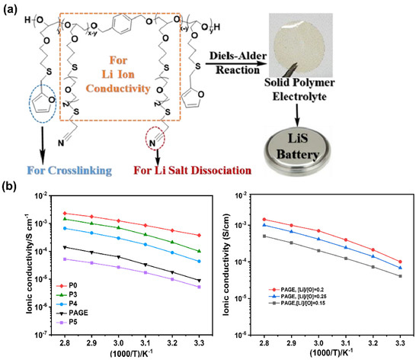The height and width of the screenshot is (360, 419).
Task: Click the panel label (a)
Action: (x=12, y=8)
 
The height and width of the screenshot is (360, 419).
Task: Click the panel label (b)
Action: (x=12, y=185)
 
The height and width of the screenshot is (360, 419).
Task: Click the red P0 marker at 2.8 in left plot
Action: (x=66, y=214)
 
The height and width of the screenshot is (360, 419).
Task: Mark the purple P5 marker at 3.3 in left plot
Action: (x=198, y=288)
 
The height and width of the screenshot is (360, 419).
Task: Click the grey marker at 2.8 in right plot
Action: (x=264, y=236)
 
